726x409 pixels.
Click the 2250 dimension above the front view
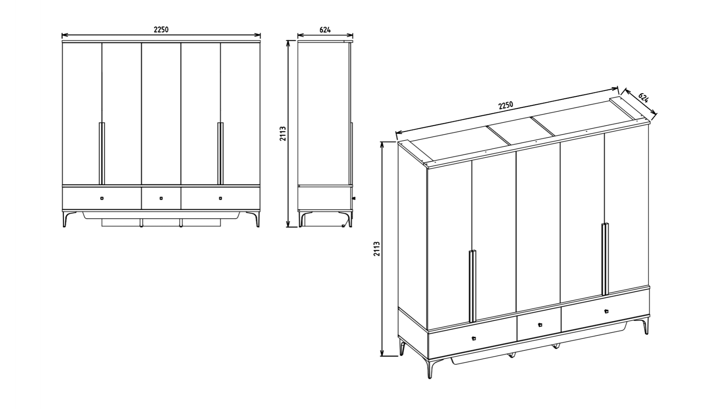tap(161, 30)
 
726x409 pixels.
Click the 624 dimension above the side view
tap(325, 30)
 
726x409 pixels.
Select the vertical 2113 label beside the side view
tap(283, 134)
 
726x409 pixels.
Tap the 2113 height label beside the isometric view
tap(377, 249)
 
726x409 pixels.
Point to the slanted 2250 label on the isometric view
tap(506, 105)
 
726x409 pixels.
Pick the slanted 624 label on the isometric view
tap(644, 98)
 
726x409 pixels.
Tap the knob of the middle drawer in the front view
tap(161, 198)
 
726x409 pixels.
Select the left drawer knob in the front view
tap(102, 198)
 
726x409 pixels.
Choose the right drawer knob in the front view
tap(220, 198)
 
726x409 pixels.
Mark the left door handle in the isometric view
tap(472, 286)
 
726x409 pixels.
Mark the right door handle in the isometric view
tap(605, 259)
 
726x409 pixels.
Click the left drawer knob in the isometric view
tap(474, 338)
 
